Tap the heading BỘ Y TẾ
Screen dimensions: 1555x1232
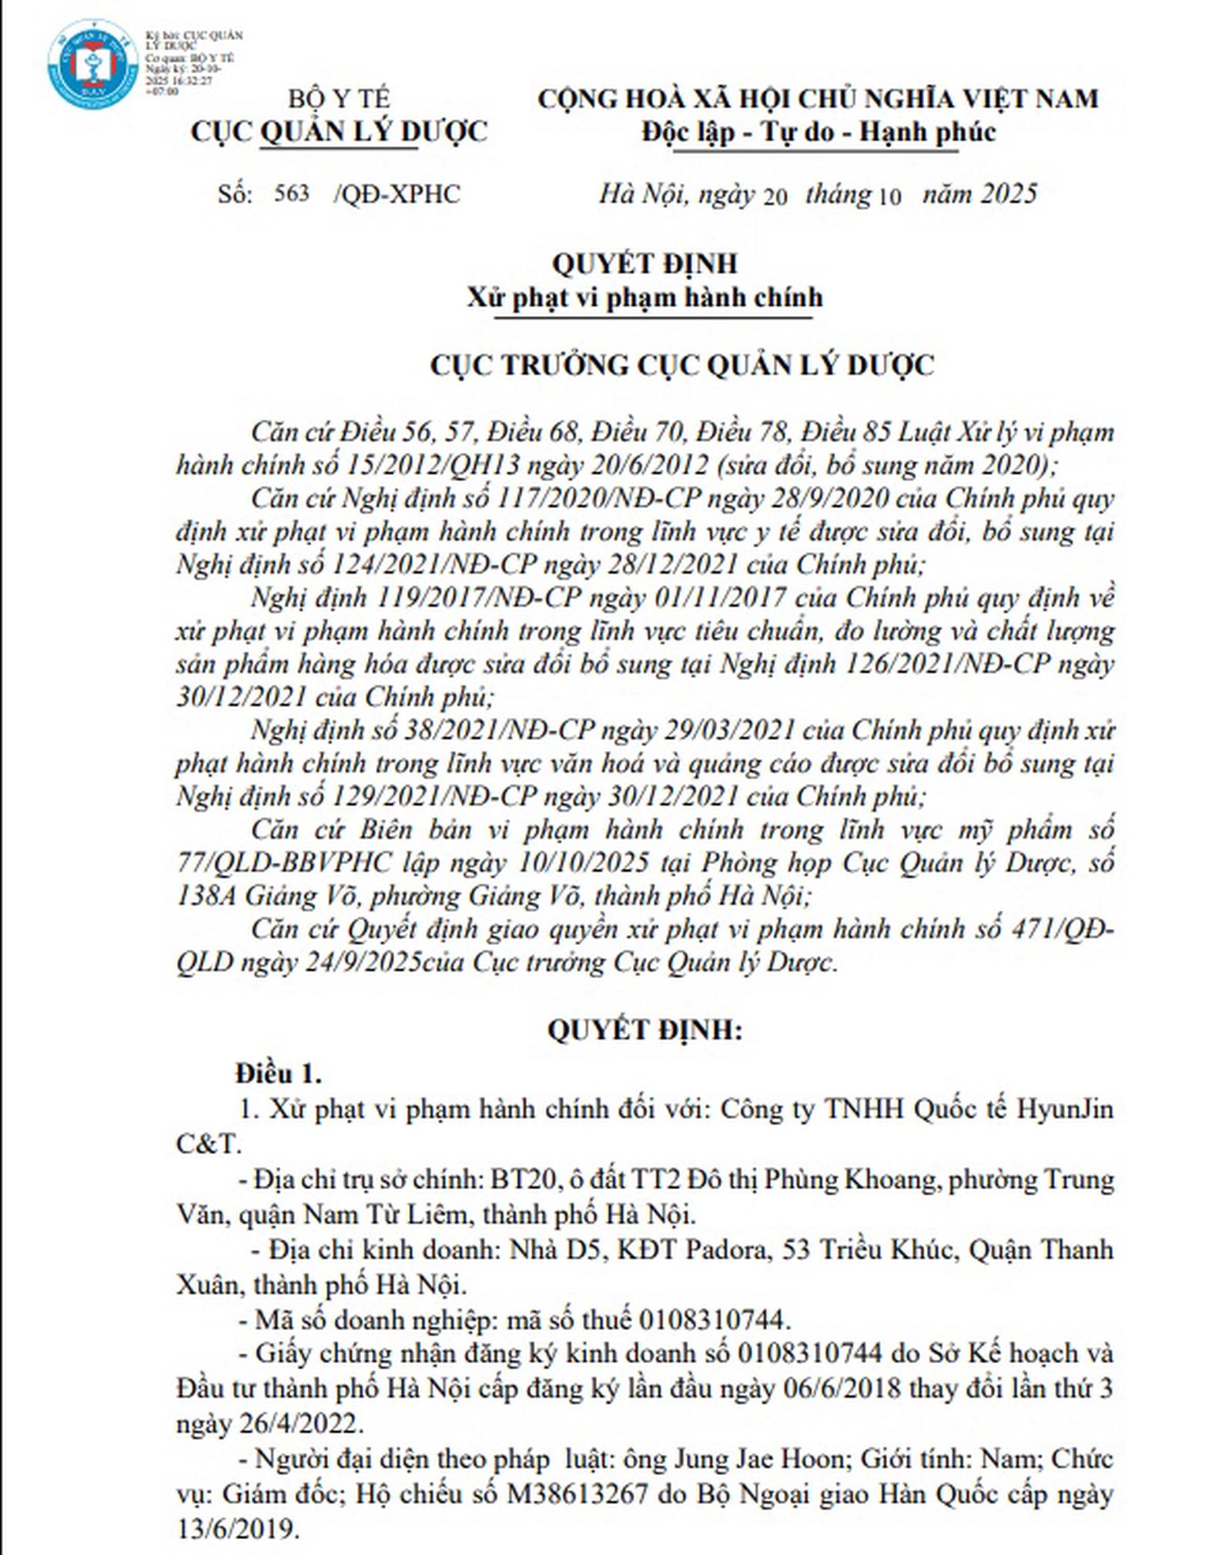(339, 99)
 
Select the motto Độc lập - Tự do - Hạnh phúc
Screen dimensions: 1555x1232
(819, 132)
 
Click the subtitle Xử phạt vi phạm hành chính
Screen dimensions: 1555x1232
(644, 298)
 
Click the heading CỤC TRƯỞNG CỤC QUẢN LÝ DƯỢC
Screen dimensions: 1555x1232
(681, 365)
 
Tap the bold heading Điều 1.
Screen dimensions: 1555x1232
(279, 1074)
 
